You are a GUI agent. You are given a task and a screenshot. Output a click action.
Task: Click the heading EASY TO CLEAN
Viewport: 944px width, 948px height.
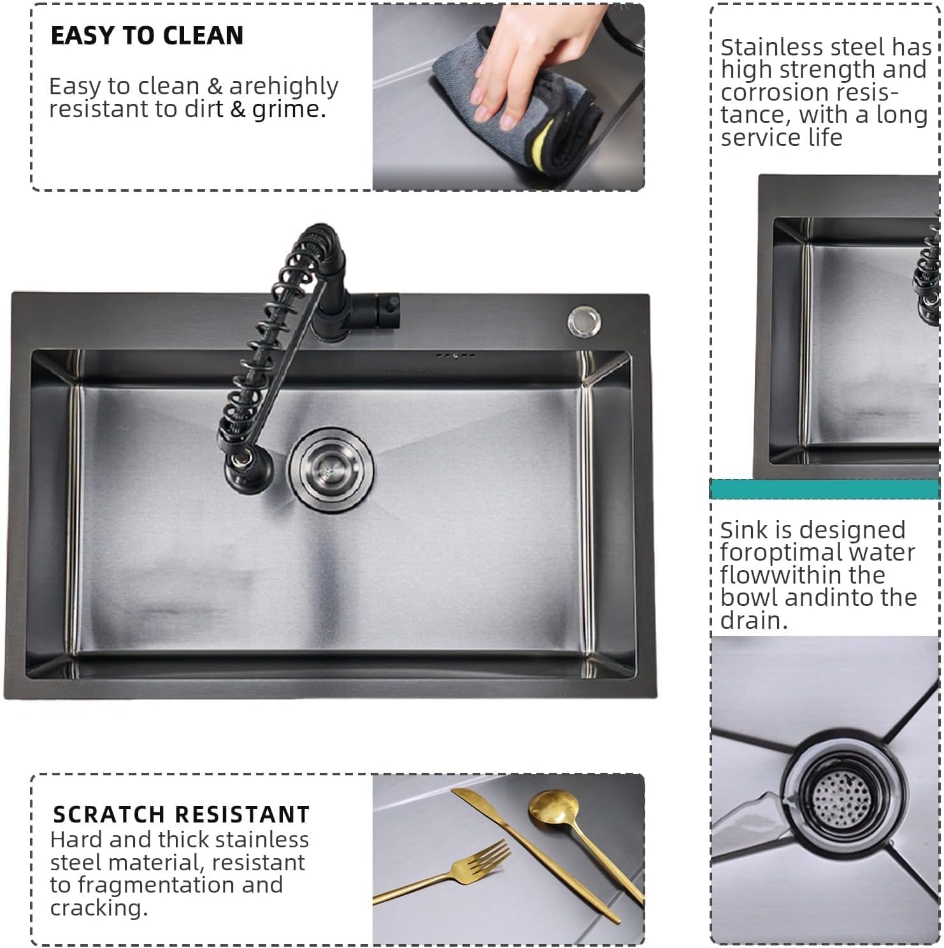[147, 36]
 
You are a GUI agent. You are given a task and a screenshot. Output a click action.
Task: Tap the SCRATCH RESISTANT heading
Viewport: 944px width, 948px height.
[181, 814]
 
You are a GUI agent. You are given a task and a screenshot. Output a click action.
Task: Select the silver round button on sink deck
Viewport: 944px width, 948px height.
[584, 322]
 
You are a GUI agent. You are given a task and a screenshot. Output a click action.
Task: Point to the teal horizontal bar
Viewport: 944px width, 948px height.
[824, 489]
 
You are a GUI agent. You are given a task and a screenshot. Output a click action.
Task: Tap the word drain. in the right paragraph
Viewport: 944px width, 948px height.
[754, 620]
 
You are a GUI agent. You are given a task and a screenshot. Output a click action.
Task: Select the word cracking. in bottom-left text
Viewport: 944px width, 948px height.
[99, 908]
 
